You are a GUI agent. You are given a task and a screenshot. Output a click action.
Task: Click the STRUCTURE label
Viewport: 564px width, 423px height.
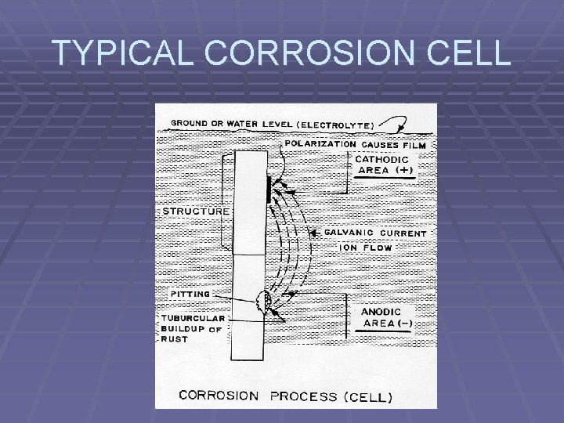point(196,211)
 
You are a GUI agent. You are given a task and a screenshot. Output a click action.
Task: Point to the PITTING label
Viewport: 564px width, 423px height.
point(190,294)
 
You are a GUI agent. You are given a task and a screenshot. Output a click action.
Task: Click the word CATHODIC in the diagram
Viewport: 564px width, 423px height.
point(382,159)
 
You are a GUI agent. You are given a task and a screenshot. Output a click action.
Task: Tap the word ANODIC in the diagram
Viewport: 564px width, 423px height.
point(381,311)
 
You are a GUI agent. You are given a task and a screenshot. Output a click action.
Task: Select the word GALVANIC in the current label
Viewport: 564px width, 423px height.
point(349,233)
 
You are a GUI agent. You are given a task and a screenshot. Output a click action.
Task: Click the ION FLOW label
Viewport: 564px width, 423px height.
point(366,248)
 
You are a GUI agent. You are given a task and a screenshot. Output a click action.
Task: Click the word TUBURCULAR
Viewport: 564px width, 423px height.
point(193,318)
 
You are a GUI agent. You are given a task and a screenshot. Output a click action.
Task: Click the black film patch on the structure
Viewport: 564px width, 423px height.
point(269,190)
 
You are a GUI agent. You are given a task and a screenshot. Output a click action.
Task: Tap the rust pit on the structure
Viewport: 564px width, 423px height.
point(265,302)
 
